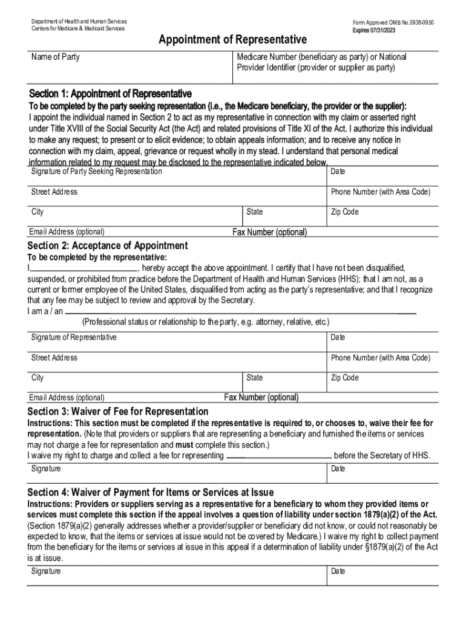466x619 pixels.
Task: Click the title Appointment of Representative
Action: click(232, 40)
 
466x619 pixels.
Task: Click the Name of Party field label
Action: click(55, 57)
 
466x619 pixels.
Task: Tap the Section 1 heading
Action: click(110, 94)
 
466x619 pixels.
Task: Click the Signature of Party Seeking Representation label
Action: click(97, 172)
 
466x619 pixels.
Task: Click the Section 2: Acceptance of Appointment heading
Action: click(108, 245)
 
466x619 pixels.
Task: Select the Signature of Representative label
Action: click(74, 337)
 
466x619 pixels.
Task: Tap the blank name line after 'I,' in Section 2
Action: click(85, 268)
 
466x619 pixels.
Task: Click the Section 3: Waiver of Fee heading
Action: click(118, 412)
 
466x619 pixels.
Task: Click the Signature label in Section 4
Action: click(46, 571)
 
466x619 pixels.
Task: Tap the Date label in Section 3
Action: click(338, 469)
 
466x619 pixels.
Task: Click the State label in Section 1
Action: click(255, 212)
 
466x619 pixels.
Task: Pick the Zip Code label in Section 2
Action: click(344, 378)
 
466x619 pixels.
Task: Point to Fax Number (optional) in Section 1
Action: click(270, 232)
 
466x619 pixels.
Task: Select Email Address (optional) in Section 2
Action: click(67, 398)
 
